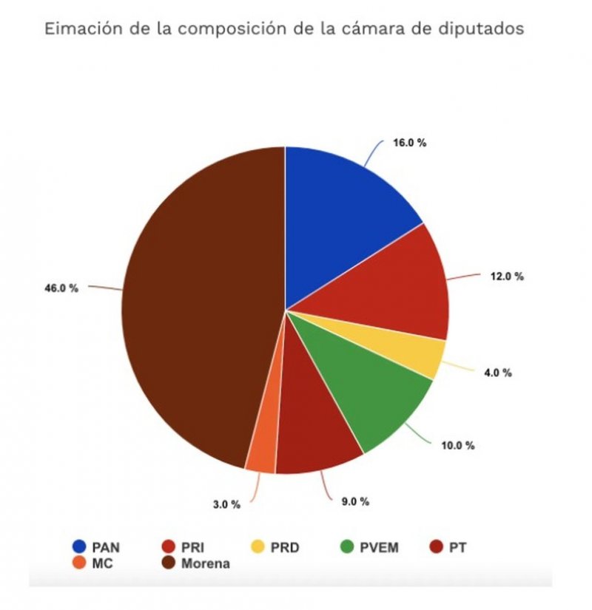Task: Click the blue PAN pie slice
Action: click(x=340, y=214)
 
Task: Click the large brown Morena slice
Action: click(x=200, y=311)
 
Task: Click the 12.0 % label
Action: click(x=507, y=276)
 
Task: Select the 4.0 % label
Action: click(x=497, y=373)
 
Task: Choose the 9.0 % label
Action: click(x=354, y=501)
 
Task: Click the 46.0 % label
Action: click(x=61, y=288)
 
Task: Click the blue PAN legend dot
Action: click(x=78, y=547)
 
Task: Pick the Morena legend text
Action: click(x=206, y=563)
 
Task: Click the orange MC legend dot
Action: click(x=78, y=563)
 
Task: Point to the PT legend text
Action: click(x=457, y=548)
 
